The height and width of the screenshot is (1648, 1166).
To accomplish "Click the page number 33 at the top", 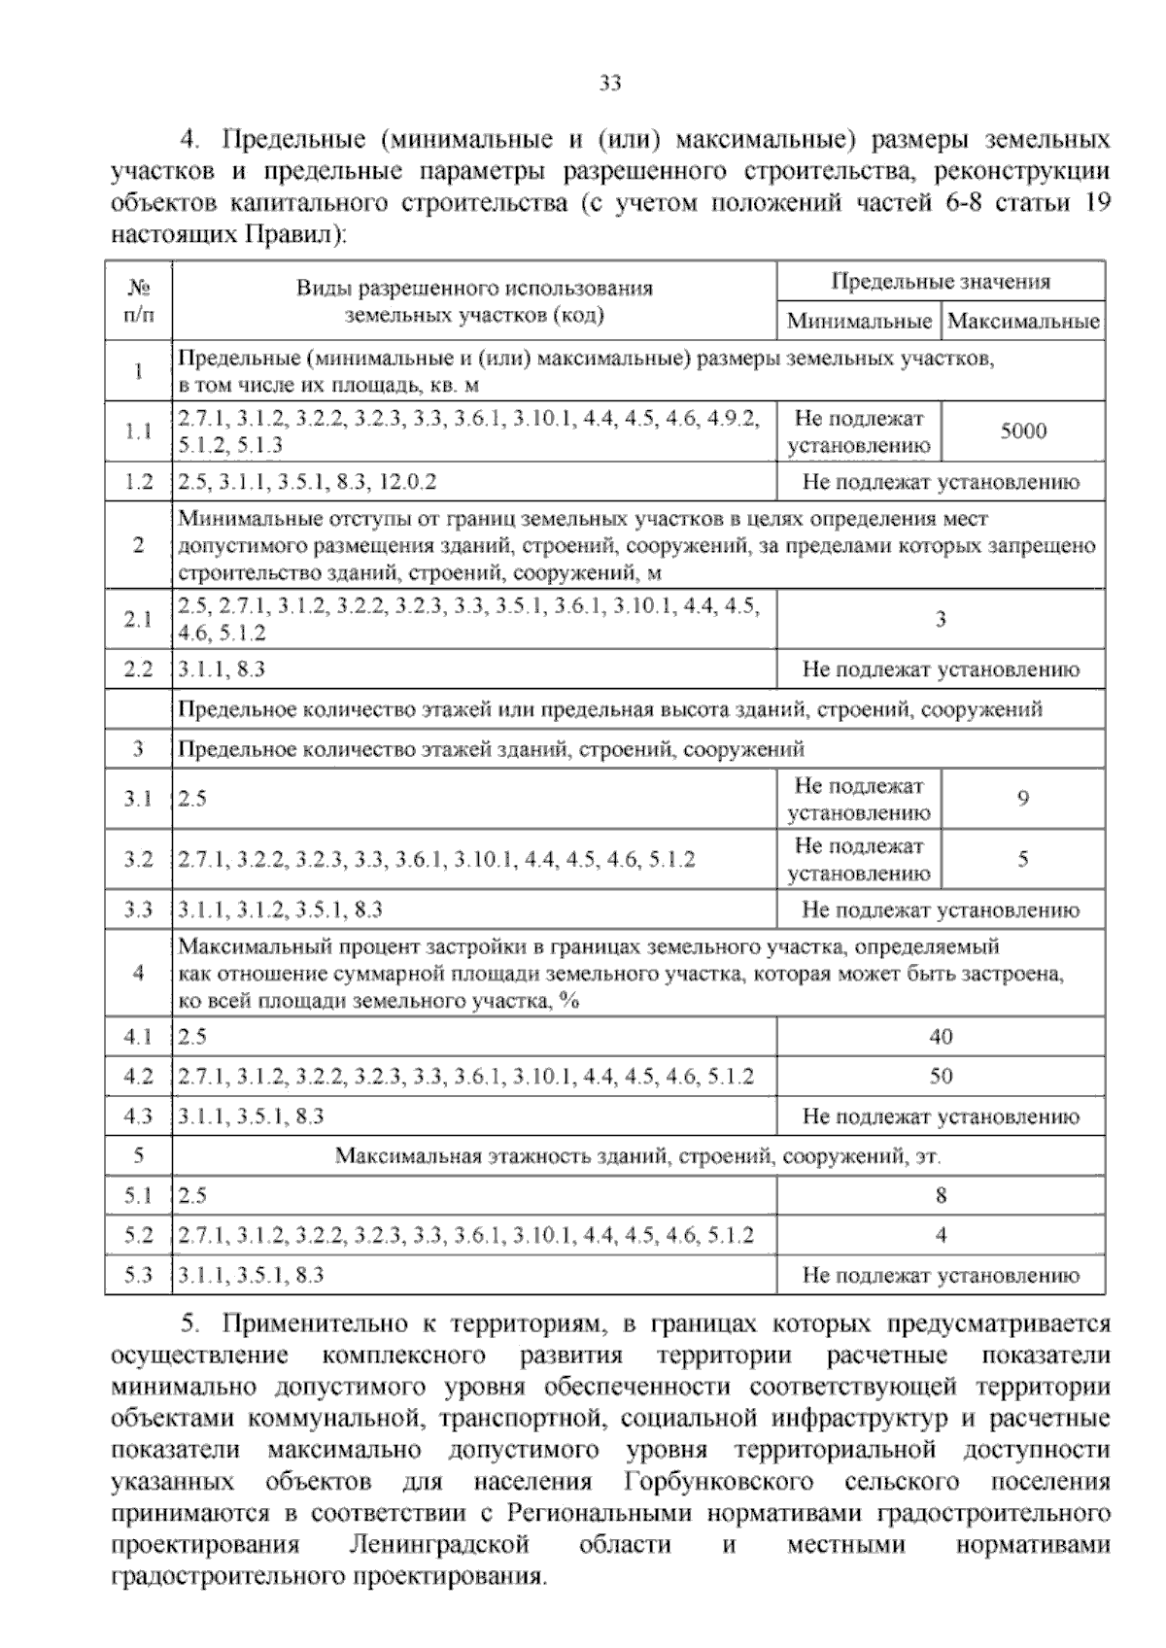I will pos(609,84).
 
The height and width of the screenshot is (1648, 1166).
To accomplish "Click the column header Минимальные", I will pos(859,321).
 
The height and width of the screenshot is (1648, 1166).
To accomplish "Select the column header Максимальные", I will pos(1023,321).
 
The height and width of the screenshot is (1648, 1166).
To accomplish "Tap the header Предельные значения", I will pos(940,282).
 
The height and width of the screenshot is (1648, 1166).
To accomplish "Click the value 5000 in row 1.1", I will pos(1023,431).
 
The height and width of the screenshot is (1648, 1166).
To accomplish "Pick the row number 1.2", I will pos(139,482).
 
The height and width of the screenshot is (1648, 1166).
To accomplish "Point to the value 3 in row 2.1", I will pos(940,619).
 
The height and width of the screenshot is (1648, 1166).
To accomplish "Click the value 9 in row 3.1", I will pos(1023,799).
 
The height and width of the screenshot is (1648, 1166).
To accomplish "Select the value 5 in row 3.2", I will pos(1023,859).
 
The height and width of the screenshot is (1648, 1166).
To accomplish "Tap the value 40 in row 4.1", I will pos(940,1037).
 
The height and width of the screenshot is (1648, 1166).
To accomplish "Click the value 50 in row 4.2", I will pos(940,1076).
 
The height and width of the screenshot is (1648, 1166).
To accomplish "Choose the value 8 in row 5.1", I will pos(940,1196).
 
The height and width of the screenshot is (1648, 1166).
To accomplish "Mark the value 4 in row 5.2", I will pos(940,1236).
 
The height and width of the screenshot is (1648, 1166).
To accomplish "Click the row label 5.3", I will pos(139,1276).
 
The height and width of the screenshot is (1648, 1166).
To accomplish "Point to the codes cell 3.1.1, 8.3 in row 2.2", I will pos(223,669).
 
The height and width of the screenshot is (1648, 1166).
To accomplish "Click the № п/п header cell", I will pos(139,301).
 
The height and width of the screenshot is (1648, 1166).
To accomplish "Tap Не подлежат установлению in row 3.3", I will pos(940,910).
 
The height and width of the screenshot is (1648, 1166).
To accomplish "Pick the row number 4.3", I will pos(139,1116).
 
